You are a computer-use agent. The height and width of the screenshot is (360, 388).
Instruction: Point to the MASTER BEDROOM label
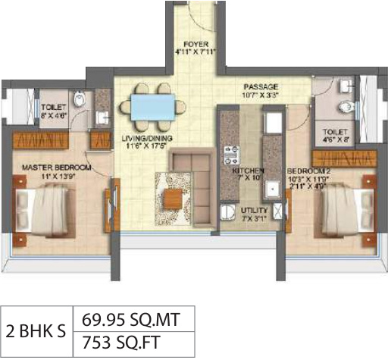[57, 167]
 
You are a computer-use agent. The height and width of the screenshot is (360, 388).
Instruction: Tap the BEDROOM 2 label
[307, 173]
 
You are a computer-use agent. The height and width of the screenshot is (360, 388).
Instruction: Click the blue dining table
[152, 106]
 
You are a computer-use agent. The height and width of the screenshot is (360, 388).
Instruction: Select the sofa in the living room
[189, 171]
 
